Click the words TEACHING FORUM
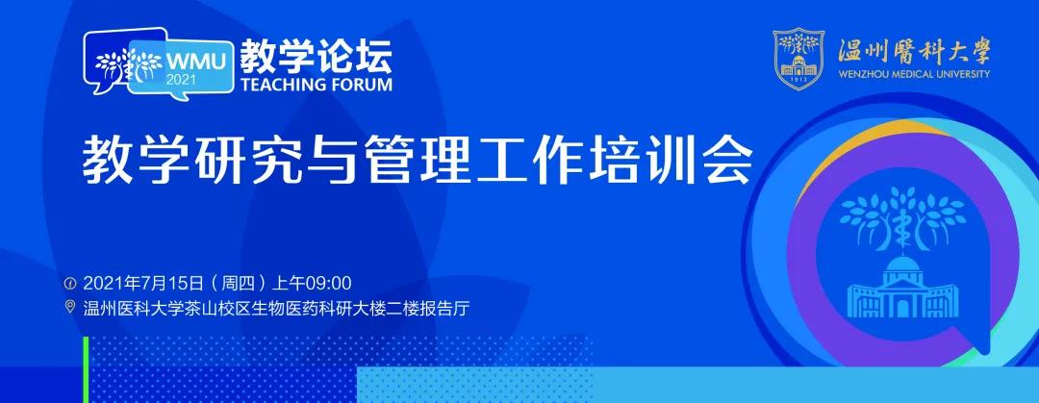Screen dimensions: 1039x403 [317, 85]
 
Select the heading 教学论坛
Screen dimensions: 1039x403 [317, 57]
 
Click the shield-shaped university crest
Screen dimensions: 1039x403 [798, 59]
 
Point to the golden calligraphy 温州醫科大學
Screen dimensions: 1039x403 [913, 50]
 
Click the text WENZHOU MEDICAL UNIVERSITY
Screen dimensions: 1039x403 [914, 74]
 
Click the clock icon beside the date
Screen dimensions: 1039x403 [69, 284]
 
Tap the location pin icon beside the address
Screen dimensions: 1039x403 [69, 307]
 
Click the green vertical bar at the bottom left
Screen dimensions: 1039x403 [86, 369]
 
